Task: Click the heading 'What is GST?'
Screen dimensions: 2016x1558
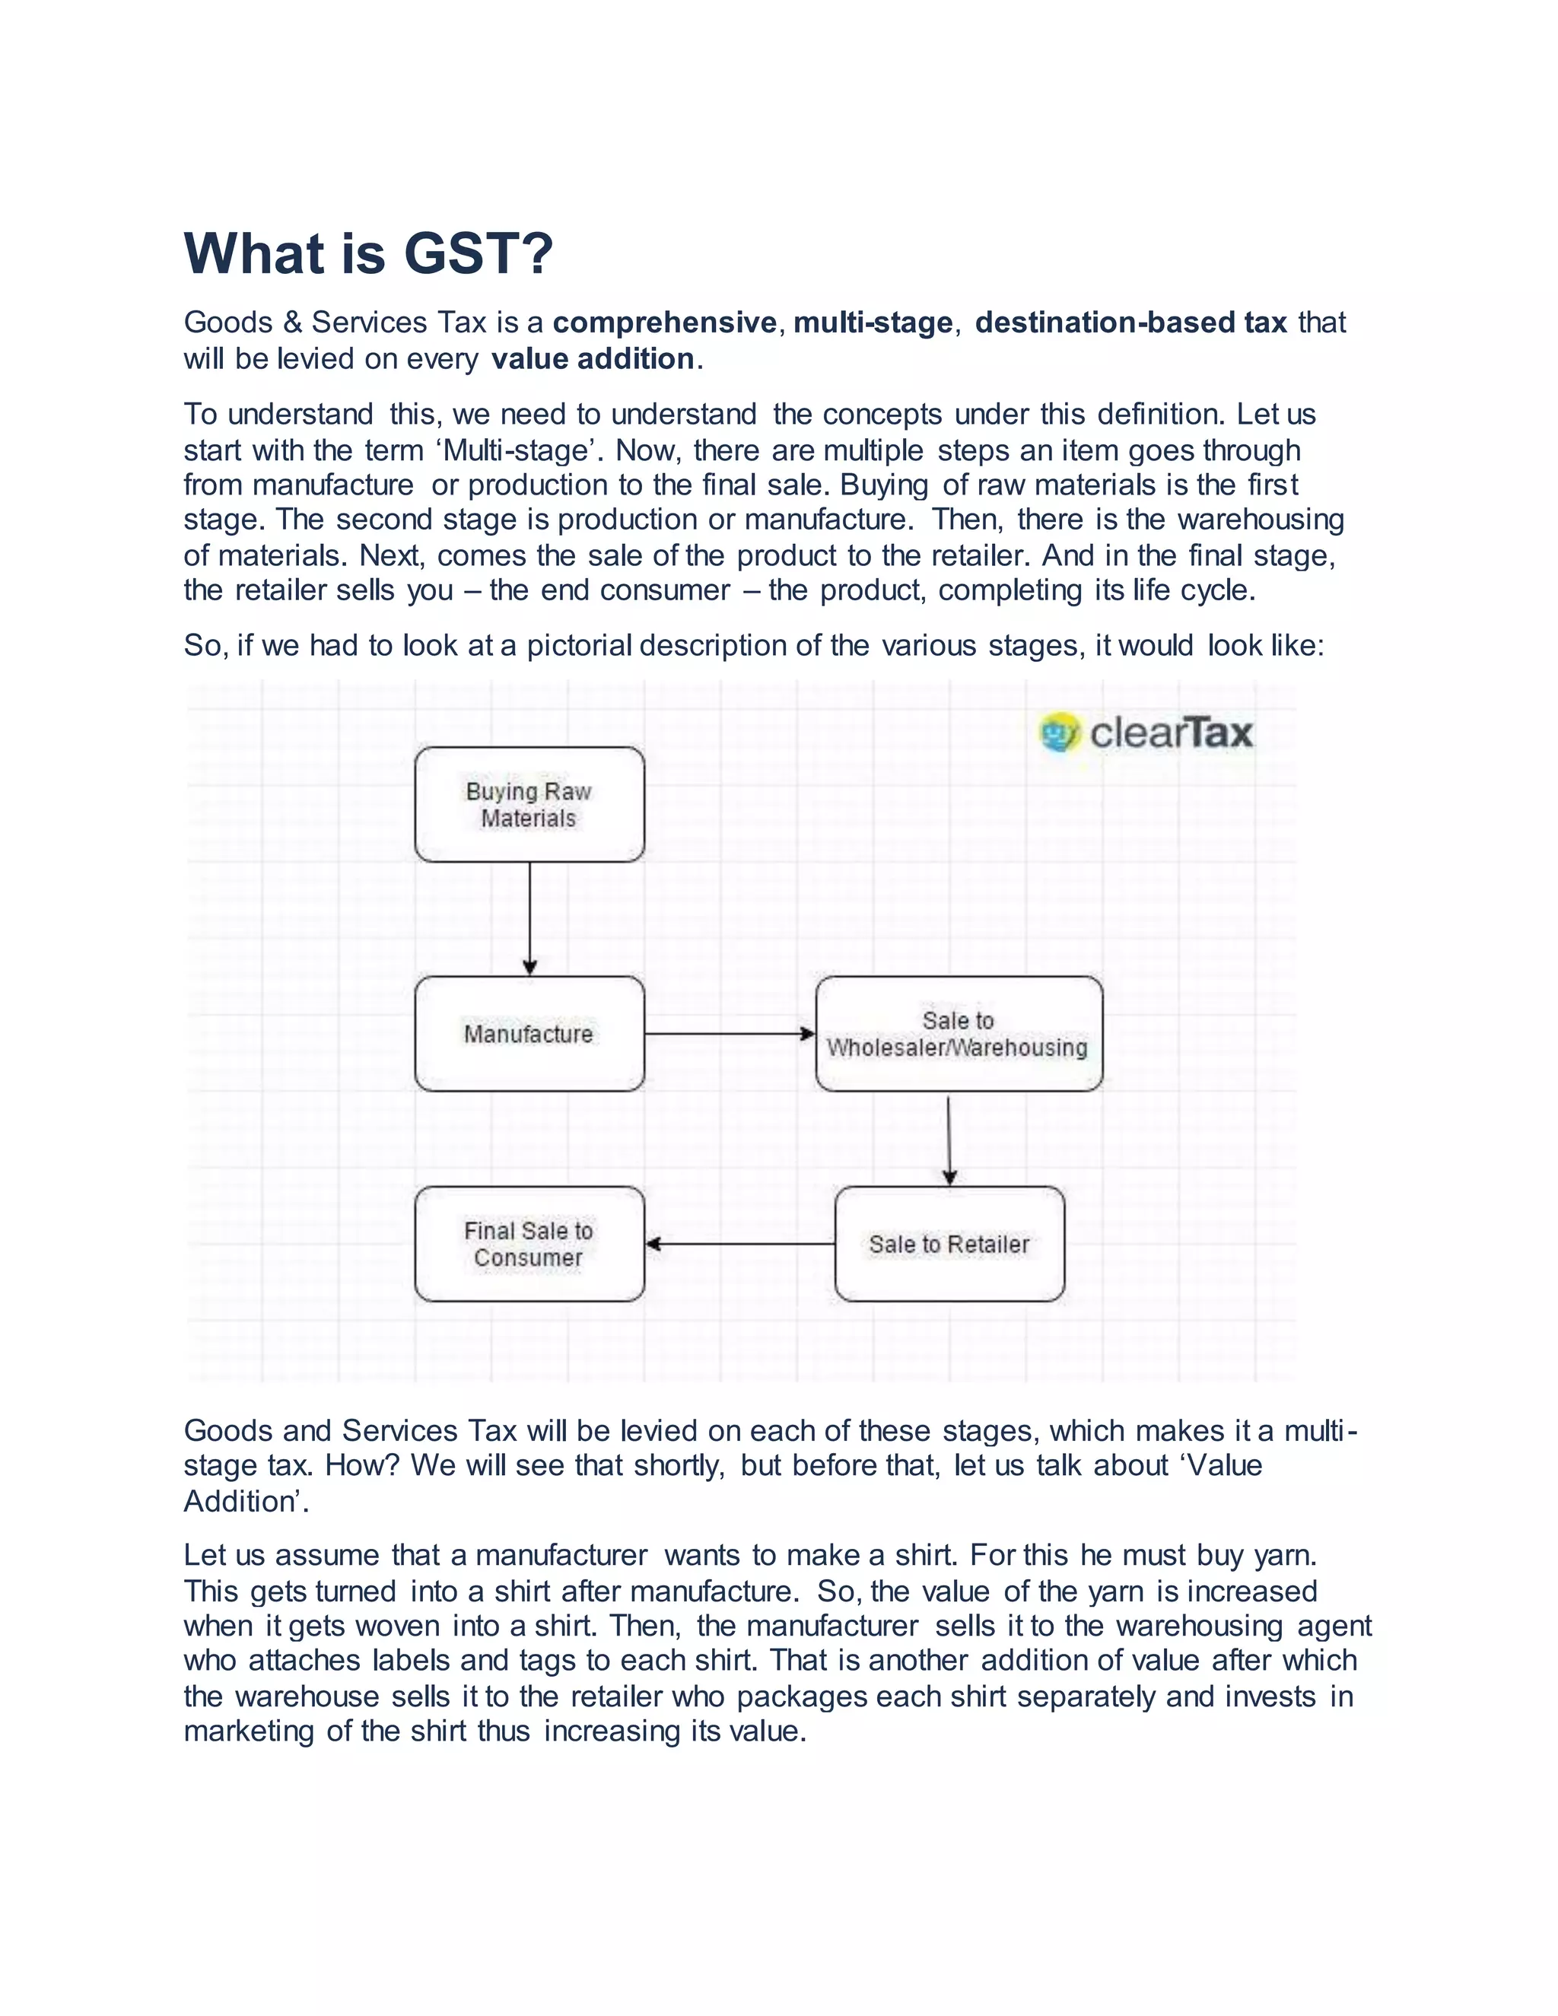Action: (368, 254)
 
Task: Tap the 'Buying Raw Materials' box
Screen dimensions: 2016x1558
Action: (529, 805)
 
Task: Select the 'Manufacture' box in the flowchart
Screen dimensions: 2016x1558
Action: (529, 1034)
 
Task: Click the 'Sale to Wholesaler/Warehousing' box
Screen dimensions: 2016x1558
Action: (958, 1034)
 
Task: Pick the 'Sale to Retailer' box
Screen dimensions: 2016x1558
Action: (949, 1245)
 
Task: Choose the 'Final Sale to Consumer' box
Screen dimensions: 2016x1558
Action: (529, 1245)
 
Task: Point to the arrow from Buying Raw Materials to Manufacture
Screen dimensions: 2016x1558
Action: (529, 918)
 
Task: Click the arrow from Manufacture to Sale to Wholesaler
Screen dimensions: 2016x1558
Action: (729, 1034)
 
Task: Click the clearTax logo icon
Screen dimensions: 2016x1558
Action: (1060, 733)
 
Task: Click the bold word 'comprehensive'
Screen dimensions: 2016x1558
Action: (665, 322)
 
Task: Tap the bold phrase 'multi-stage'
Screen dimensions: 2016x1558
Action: (873, 322)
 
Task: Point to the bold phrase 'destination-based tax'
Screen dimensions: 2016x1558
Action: (1130, 322)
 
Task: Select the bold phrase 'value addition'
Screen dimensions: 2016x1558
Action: (593, 358)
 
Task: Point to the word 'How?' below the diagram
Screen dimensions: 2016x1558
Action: (363, 1466)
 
